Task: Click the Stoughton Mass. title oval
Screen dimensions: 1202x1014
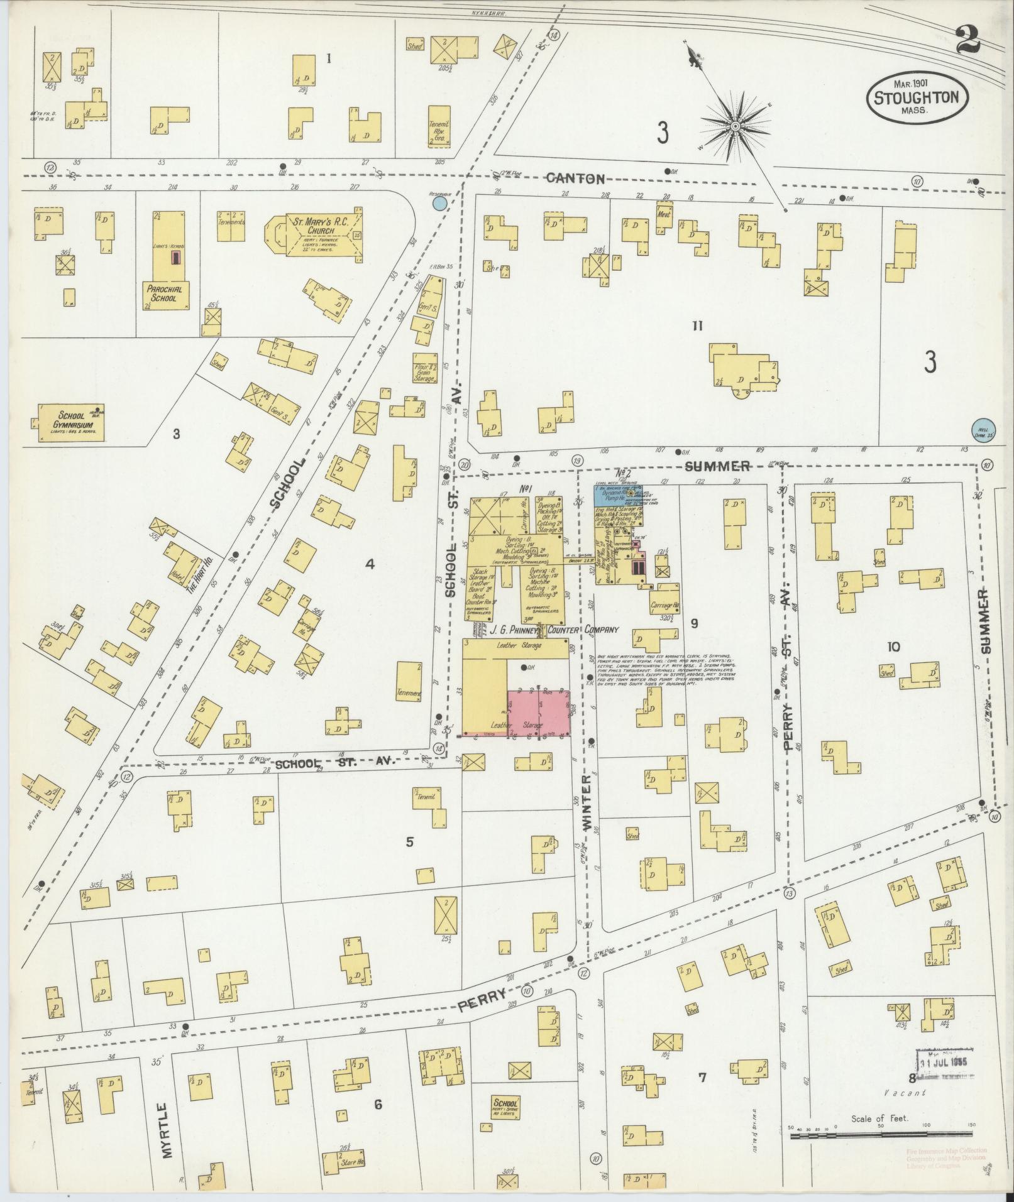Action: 917,98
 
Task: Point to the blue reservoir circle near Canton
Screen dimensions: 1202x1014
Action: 440,203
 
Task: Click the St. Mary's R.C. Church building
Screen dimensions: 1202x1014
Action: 314,235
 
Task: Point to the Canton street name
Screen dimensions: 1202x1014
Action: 575,178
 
